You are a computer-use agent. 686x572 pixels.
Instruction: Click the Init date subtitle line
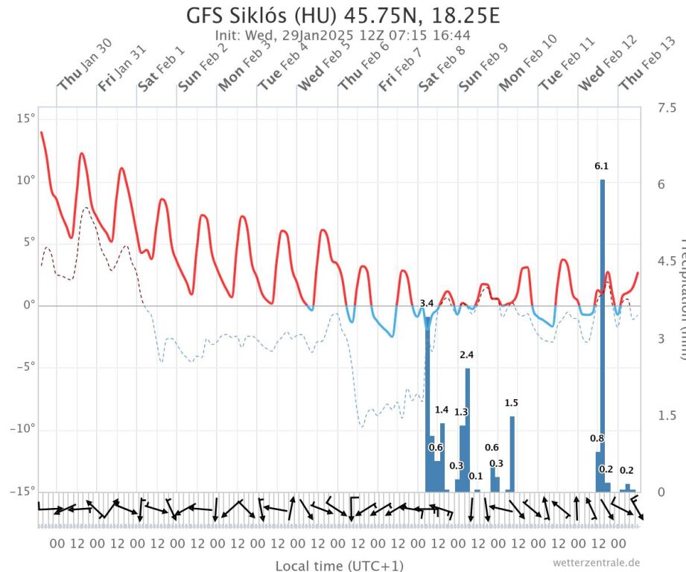pos(343,35)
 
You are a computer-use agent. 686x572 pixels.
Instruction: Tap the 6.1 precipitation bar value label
pos(602,166)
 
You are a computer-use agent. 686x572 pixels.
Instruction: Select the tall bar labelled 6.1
pos(602,335)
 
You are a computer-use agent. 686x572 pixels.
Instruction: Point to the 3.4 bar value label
pos(427,303)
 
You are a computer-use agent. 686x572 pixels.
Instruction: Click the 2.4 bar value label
pos(467,355)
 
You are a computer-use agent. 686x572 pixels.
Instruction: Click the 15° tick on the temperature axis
pos(26,118)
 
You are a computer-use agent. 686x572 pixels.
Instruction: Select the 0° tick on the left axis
pos(29,305)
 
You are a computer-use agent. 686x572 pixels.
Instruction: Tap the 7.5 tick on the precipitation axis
pos(666,109)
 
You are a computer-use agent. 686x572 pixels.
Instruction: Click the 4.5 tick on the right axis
pos(666,261)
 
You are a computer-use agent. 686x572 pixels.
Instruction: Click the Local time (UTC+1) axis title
pos(340,565)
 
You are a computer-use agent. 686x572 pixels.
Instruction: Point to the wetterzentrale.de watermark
pos(596,562)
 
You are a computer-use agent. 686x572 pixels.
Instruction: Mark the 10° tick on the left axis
pos(26,180)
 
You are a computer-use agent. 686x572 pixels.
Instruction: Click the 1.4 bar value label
pos(442,410)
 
